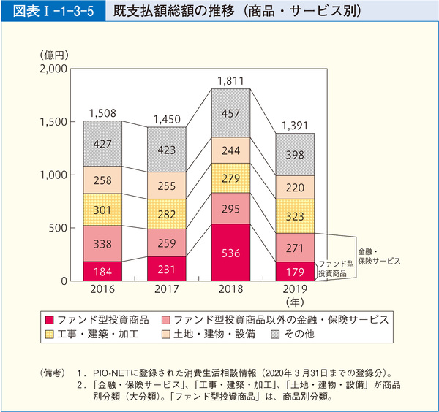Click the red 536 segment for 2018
pyautogui.click(x=230, y=253)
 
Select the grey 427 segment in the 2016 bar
pyautogui.click(x=102, y=144)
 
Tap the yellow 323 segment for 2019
pyautogui.click(x=295, y=216)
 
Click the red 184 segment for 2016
pyautogui.click(x=102, y=271)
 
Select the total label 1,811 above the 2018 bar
pyautogui.click(x=230, y=80)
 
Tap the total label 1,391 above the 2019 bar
pyautogui.click(x=295, y=125)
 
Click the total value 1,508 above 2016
pyautogui.click(x=102, y=112)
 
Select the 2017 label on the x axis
pyautogui.click(x=166, y=290)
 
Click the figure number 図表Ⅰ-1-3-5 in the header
pyautogui.click(x=48, y=12)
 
